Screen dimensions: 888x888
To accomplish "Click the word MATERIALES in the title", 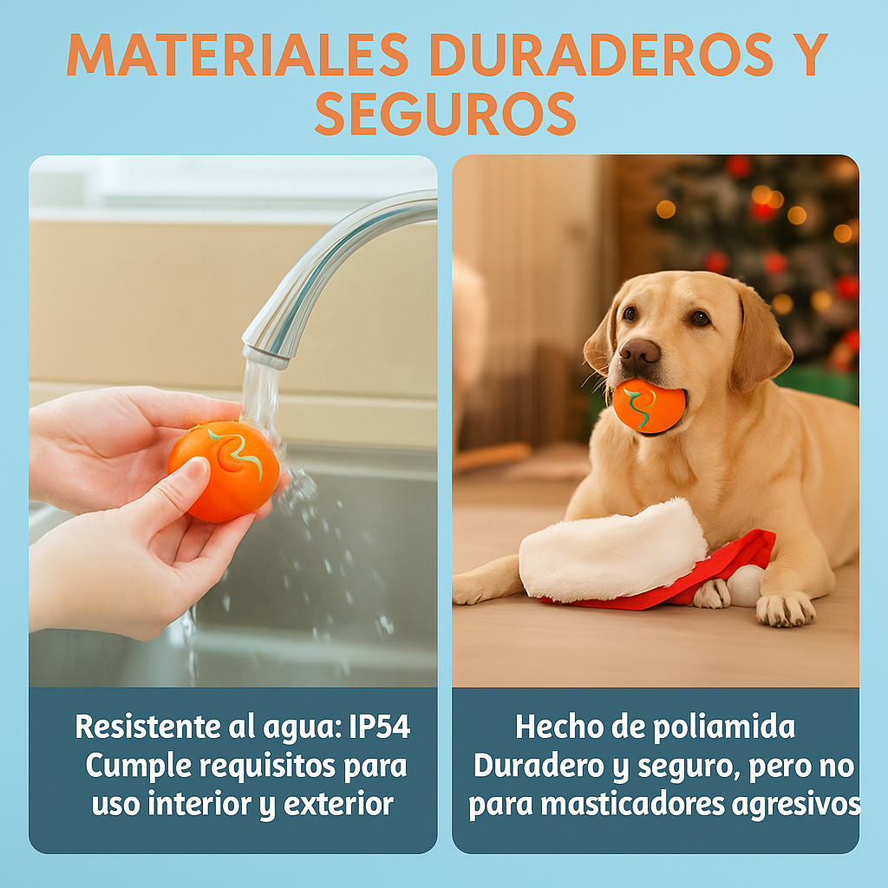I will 237,55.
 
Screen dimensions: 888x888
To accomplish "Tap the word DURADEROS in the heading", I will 601,55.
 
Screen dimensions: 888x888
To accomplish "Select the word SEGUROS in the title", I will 445,113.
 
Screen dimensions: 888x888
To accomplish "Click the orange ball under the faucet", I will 224,471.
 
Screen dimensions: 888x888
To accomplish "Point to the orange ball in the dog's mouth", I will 649,405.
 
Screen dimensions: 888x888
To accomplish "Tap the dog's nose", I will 639,351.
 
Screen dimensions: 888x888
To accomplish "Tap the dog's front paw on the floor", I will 786,608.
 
